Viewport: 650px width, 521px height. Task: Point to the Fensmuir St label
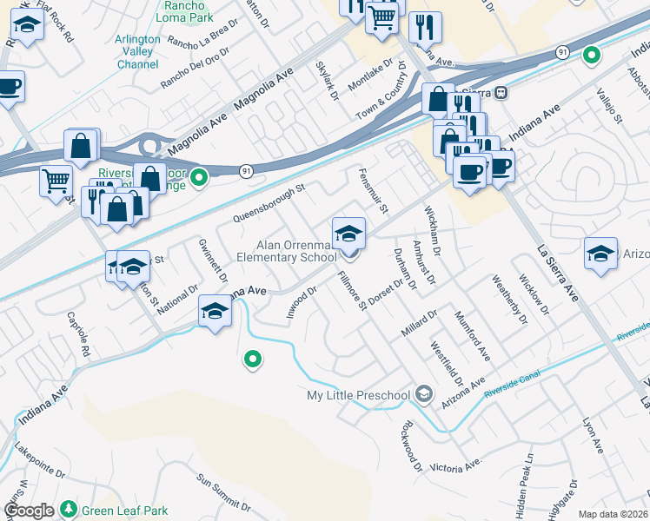373,190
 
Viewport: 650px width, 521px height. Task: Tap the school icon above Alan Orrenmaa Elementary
348,234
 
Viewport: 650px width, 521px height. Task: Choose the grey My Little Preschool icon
423,395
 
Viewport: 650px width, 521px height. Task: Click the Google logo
29,511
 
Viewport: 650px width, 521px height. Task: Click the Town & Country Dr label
392,91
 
